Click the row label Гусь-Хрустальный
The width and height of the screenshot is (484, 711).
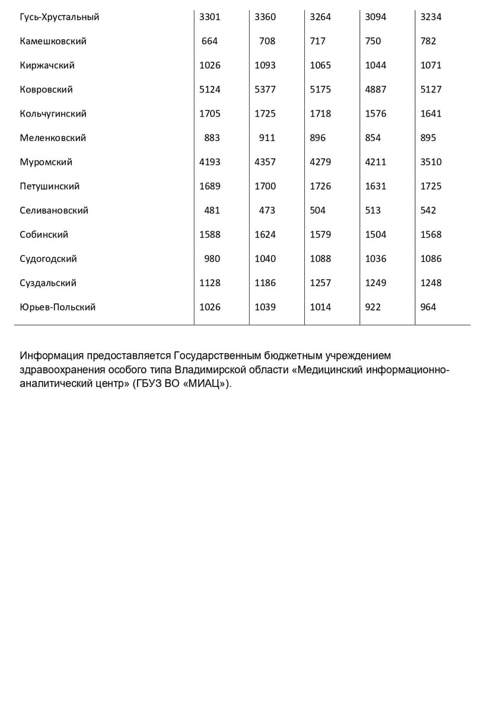(x=59, y=17)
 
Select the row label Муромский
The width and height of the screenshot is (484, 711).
(x=46, y=162)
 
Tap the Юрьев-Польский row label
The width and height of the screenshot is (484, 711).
(x=58, y=307)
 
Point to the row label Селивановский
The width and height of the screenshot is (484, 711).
(x=54, y=210)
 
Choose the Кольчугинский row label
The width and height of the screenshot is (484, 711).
(x=53, y=114)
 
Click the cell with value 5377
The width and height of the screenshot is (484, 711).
(x=265, y=89)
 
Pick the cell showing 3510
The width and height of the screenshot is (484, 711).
(x=431, y=162)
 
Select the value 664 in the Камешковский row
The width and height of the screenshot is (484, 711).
(x=210, y=41)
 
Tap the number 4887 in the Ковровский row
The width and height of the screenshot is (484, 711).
(x=375, y=89)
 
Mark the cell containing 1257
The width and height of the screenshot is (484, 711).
(x=320, y=283)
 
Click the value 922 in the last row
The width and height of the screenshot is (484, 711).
(x=373, y=307)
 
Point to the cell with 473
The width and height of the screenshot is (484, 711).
(x=268, y=210)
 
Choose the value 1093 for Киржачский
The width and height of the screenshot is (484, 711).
(x=265, y=65)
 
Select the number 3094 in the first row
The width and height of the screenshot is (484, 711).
(x=375, y=17)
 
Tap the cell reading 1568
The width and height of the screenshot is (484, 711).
(x=431, y=235)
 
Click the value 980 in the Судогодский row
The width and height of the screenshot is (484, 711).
(x=212, y=258)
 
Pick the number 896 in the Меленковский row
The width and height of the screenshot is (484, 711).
(x=318, y=137)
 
